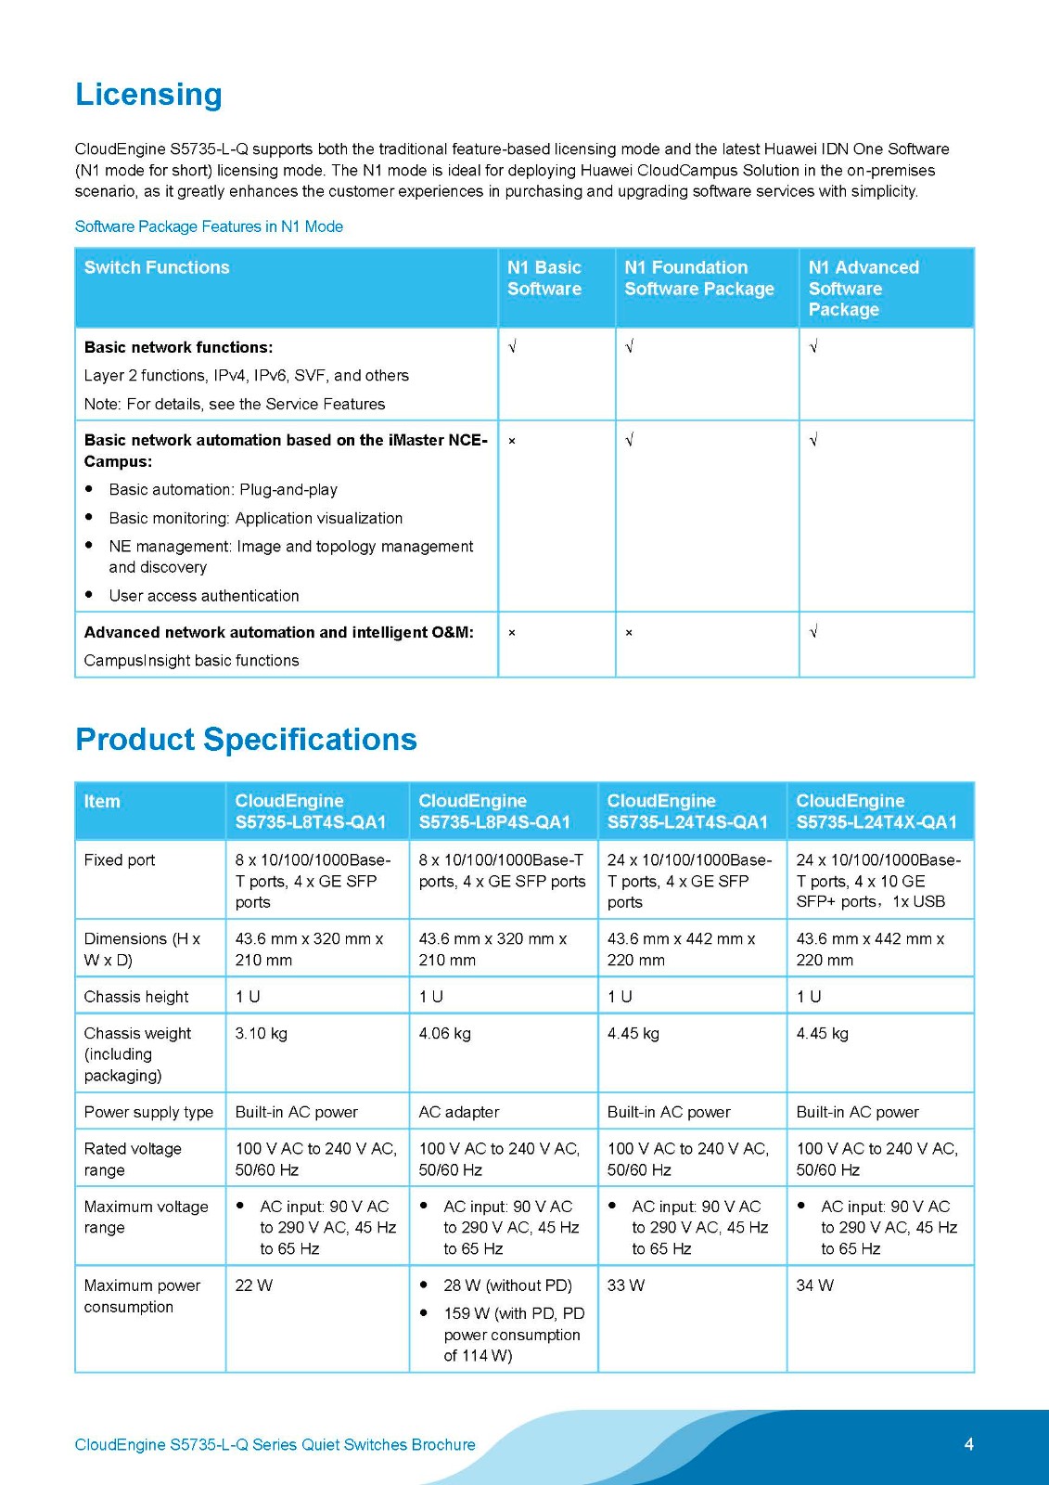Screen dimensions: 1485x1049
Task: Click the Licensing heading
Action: [148, 95]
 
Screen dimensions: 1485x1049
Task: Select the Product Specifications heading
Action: [246, 740]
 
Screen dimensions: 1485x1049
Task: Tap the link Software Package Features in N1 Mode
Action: [209, 226]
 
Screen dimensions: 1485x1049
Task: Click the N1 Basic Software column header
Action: [544, 278]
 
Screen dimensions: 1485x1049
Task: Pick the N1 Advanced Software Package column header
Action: [863, 288]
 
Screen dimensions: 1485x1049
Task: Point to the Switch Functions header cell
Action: [157, 267]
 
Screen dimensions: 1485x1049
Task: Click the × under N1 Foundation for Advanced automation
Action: [629, 633]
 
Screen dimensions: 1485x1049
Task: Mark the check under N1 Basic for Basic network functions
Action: [512, 347]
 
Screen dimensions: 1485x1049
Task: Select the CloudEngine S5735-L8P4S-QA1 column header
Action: [493, 811]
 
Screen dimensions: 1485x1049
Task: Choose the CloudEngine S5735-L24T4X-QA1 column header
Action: [876, 811]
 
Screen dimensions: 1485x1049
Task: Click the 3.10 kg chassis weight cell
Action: [261, 1034]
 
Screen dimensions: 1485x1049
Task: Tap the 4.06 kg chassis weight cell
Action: [444, 1034]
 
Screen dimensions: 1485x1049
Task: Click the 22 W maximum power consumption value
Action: [253, 1285]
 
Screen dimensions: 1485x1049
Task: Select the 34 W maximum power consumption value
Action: [814, 1285]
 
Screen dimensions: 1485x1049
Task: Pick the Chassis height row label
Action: [136, 997]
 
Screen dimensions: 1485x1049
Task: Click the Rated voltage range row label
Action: [133, 1159]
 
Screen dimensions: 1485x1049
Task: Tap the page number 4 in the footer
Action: [968, 1444]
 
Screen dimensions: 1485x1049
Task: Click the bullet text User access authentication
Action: [204, 596]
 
